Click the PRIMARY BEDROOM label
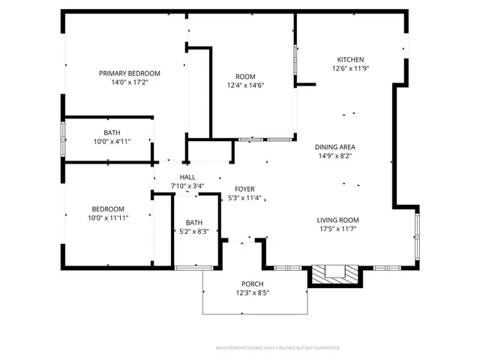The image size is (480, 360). pos(130,73)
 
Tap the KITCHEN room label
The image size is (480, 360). pos(350,59)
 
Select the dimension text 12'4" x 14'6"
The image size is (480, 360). pos(245,85)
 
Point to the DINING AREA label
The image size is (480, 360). pos(334,147)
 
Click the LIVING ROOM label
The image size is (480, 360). pos(337,220)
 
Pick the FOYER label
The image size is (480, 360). pos(245,190)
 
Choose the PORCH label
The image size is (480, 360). pos(251,283)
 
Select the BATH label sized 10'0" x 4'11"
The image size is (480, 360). pos(112,132)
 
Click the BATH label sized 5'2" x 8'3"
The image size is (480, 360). pos(194,223)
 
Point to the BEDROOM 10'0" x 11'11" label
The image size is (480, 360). pos(108,209)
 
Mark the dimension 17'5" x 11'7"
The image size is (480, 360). pos(337,229)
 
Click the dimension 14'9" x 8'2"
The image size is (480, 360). pos(334,156)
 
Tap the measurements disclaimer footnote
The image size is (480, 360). pos(277,348)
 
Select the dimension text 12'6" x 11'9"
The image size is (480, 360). pos(350,68)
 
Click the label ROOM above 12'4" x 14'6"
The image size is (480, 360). pos(245,76)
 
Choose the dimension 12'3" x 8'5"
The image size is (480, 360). pos(251,292)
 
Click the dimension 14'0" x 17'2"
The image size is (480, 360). pos(130,82)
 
